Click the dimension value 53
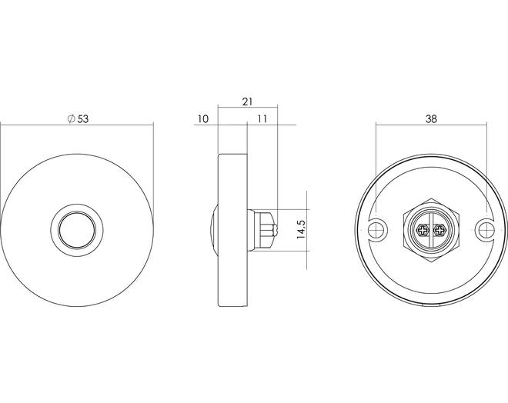tap(83, 119)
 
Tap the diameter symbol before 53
tap(72, 119)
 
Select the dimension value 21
tap(247, 102)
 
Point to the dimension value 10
tap(202, 119)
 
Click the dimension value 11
tap(262, 119)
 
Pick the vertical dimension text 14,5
tap(301, 229)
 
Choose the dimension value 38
tap(431, 119)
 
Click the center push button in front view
tap(77, 230)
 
